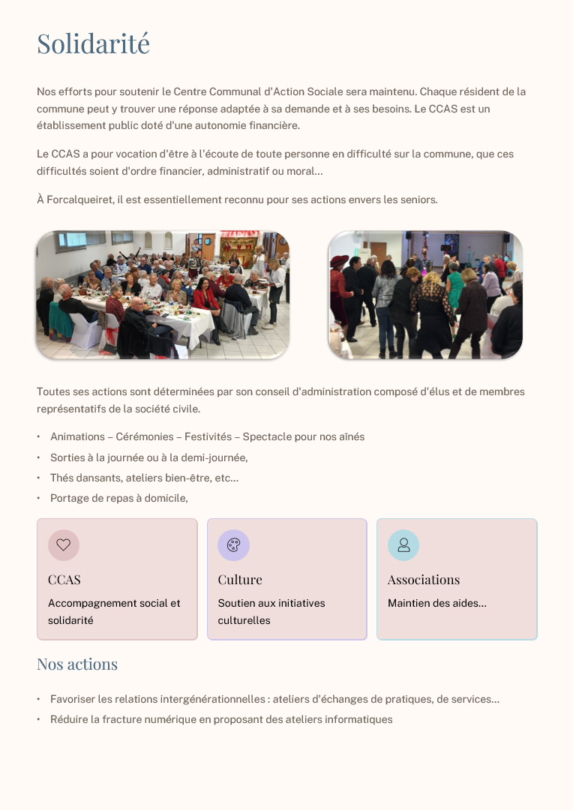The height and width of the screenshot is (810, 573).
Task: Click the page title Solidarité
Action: [x=94, y=43]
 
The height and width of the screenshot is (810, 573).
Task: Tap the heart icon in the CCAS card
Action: [x=64, y=545]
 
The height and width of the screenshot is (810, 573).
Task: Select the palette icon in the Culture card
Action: [x=233, y=545]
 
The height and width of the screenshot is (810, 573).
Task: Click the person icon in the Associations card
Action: [x=403, y=545]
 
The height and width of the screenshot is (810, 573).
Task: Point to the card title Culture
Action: [x=240, y=580]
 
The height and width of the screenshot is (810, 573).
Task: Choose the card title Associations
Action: [x=424, y=580]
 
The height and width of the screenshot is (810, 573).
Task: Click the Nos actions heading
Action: [x=77, y=664]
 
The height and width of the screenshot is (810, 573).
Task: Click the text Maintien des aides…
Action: [x=437, y=603]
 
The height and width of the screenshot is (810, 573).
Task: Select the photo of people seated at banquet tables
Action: [x=163, y=295]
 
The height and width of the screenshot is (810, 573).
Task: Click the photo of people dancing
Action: [x=425, y=295]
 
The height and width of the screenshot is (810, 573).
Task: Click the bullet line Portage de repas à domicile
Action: [x=118, y=498]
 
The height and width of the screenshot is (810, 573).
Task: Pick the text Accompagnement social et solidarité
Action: [x=114, y=611]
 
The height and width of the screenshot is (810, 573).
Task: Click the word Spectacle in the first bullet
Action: [x=268, y=436]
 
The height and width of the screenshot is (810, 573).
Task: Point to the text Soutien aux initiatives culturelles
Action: [x=271, y=611]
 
